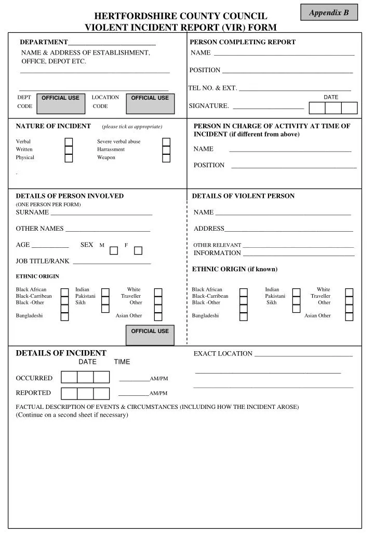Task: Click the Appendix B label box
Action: coord(329,12)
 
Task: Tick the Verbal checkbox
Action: coord(69,142)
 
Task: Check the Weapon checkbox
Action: coord(166,158)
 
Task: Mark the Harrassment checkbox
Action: coord(166,150)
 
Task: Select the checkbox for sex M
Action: coord(114,251)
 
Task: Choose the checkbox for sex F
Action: coord(138,251)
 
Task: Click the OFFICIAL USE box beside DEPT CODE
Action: coord(61,103)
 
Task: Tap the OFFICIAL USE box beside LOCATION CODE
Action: coord(150,103)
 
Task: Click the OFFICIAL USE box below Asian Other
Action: coord(150,335)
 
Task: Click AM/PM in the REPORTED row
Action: coord(158,394)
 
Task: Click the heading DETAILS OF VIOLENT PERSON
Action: coord(243,196)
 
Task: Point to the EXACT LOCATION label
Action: coord(223,354)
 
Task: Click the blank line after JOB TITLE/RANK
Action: coord(112,263)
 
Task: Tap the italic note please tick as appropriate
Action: coord(132,127)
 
